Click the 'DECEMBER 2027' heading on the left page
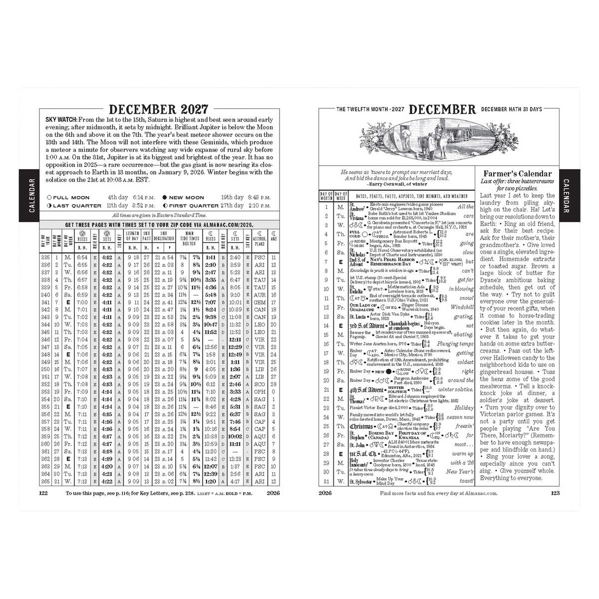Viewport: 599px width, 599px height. [x=158, y=109]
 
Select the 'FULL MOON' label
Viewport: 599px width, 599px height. [x=71, y=198]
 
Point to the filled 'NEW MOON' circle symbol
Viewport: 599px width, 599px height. [x=165, y=198]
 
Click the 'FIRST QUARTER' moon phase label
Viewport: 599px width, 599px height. [x=194, y=206]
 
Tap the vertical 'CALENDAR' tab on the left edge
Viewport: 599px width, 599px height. [x=31, y=196]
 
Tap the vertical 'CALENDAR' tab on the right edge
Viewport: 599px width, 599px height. [x=567, y=196]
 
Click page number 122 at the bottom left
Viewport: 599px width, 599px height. [x=43, y=493]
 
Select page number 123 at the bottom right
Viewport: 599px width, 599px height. [x=555, y=493]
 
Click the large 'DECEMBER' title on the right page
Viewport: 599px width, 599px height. [x=442, y=110]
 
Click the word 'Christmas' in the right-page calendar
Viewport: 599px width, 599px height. [x=362, y=426]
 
